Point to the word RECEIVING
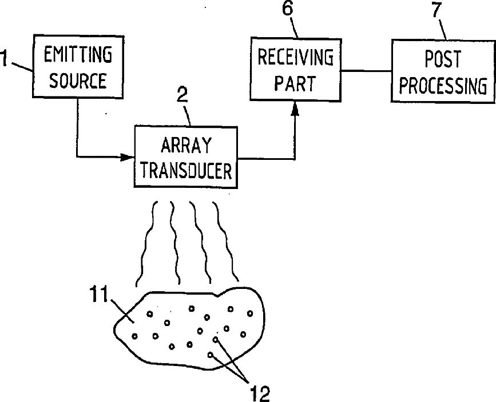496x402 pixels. pyautogui.click(x=295, y=57)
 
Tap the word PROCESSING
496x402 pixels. pyautogui.click(x=443, y=86)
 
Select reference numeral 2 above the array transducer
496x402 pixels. pyautogui.click(x=182, y=95)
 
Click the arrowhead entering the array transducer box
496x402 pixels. pyautogui.click(x=128, y=156)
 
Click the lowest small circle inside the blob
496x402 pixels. pyautogui.click(x=211, y=355)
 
